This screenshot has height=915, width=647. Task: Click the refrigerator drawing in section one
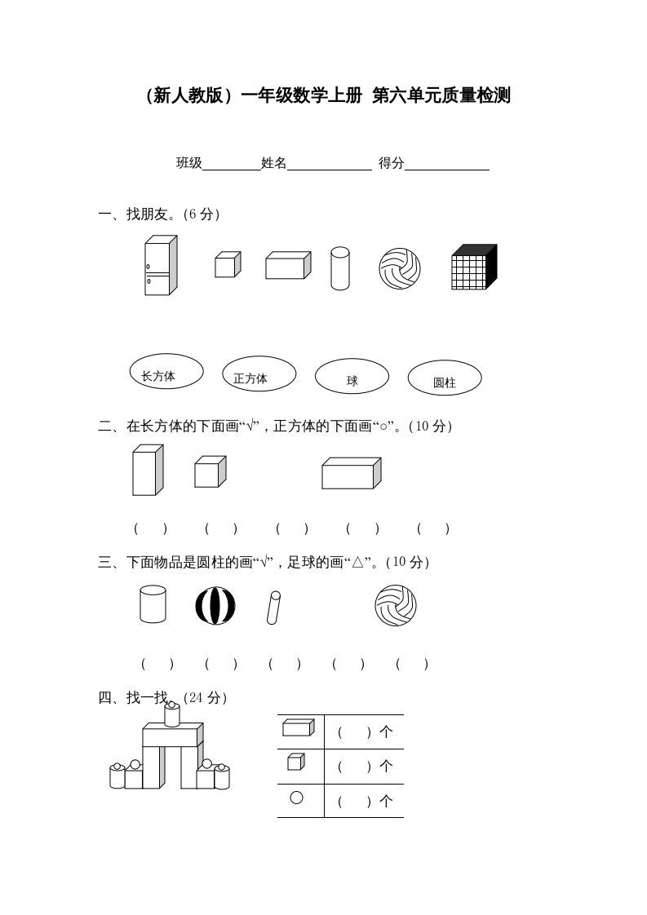coord(160,266)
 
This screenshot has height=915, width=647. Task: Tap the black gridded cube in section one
coord(473,267)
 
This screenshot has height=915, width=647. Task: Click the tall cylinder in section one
coord(339,268)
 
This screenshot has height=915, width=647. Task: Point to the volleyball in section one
coord(400,268)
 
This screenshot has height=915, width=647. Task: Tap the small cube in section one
coord(227,265)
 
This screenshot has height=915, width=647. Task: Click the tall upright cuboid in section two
coord(148,470)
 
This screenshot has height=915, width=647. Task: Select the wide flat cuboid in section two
coord(351,473)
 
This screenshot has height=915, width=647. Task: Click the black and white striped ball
coord(215,606)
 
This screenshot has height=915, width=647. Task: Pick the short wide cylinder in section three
coord(153,604)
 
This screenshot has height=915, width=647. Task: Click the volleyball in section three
coord(395,606)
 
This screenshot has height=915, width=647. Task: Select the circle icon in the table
coord(296,798)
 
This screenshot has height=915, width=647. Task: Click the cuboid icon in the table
coord(298,727)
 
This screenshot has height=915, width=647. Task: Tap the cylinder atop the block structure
coord(171,714)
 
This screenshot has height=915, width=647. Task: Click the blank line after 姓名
coord(329,164)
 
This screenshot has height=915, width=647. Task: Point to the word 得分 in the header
coord(391,163)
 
